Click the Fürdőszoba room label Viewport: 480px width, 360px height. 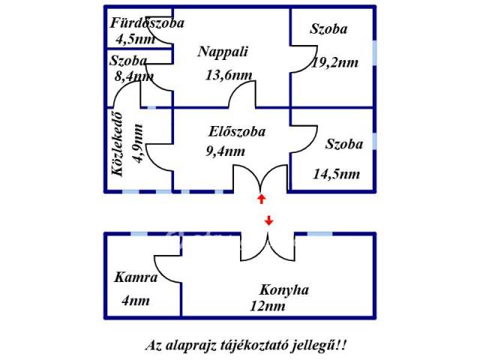pyautogui.click(x=147, y=23)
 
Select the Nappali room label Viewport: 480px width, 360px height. pyautogui.click(x=223, y=52)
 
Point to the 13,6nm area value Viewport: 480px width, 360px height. pyautogui.click(x=228, y=74)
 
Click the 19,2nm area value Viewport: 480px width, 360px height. pyautogui.click(x=334, y=63)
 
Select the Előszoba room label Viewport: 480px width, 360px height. pyautogui.click(x=237, y=132)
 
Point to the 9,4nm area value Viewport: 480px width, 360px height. pyautogui.click(x=225, y=151)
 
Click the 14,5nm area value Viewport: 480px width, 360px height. pyautogui.click(x=336, y=174)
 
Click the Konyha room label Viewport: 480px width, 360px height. pyautogui.click(x=284, y=289)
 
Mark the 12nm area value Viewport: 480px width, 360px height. pyautogui.click(x=268, y=305)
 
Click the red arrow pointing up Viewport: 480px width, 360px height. pyautogui.click(x=261, y=199)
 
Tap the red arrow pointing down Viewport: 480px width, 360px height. pyautogui.click(x=269, y=220)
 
